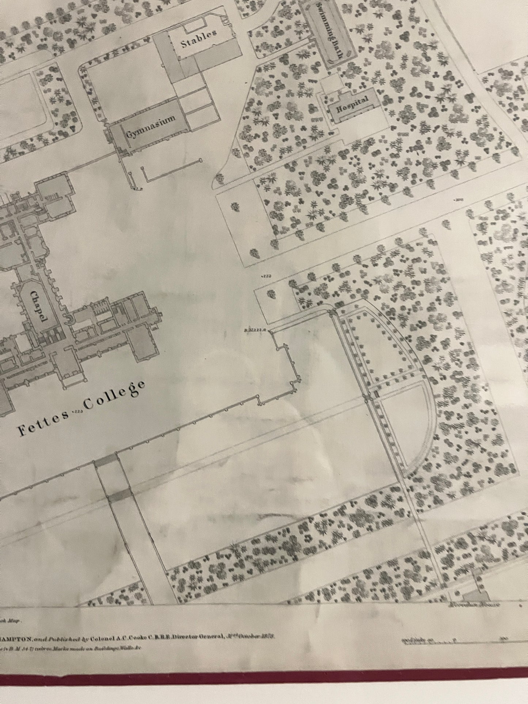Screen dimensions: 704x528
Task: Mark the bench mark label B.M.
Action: click(x=252, y=332)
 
